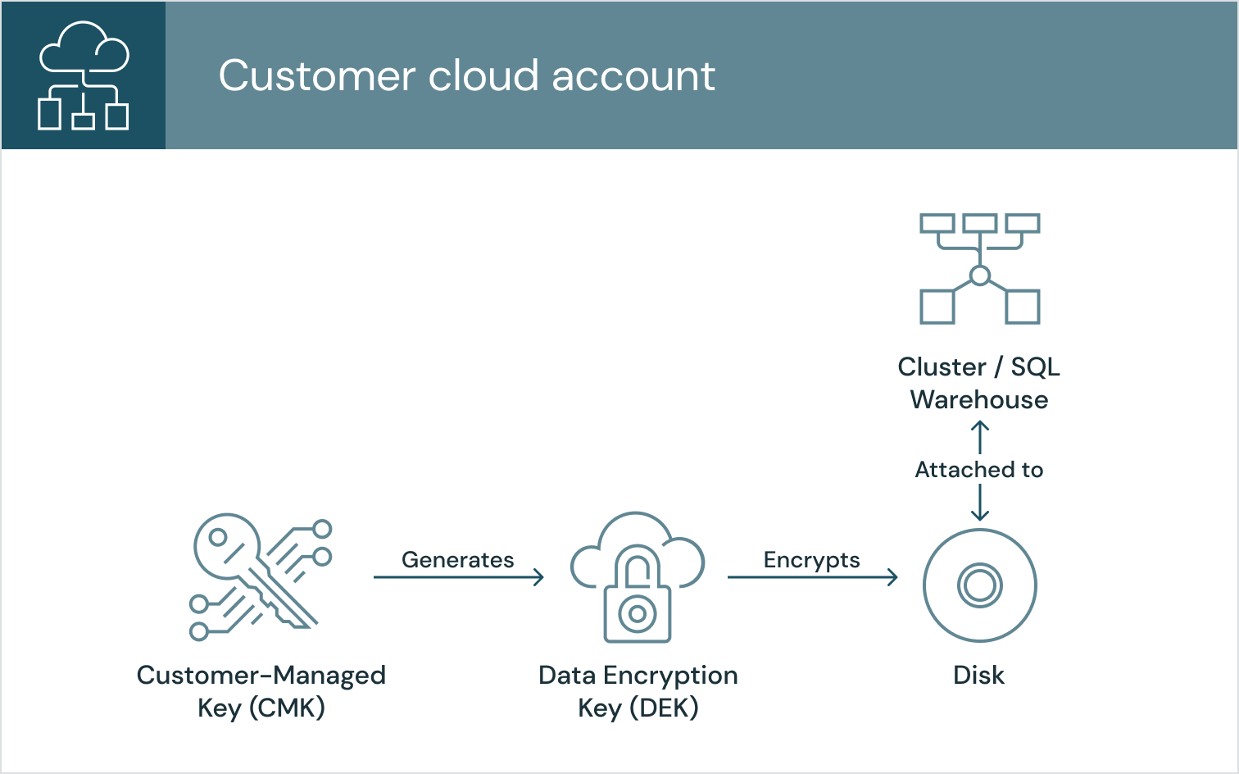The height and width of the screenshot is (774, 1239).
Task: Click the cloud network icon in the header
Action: click(83, 75)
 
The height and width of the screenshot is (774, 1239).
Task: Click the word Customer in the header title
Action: click(316, 75)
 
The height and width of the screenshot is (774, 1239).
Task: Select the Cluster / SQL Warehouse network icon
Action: click(979, 269)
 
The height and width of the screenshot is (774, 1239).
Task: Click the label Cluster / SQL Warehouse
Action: click(979, 383)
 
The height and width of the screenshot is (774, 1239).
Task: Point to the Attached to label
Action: click(979, 470)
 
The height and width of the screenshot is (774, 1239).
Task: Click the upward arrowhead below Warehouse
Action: click(980, 426)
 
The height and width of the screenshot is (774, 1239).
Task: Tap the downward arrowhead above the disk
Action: click(980, 515)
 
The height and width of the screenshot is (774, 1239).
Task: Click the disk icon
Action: click(980, 585)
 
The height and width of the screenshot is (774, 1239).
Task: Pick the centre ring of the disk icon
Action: click(980, 585)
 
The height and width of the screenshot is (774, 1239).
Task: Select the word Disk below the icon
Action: click(978, 675)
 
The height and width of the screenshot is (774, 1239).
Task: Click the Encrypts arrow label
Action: click(811, 560)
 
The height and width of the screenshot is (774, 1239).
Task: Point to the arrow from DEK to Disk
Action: click(811, 577)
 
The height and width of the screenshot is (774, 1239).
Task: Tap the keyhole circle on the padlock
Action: click(638, 613)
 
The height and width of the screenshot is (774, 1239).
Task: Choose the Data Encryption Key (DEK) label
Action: click(638, 691)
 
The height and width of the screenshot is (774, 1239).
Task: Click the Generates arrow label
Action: click(457, 560)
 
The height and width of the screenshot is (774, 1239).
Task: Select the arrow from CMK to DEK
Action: click(457, 577)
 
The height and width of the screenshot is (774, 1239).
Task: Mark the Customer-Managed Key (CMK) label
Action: click(261, 691)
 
